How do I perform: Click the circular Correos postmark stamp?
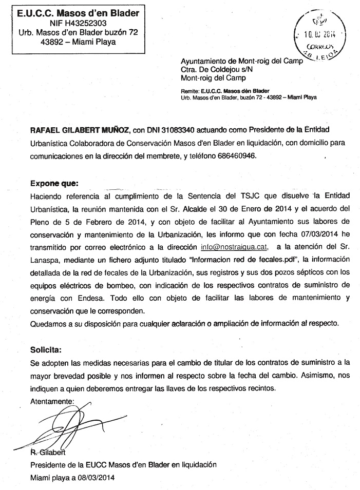319,35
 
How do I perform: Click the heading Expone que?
54,183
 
